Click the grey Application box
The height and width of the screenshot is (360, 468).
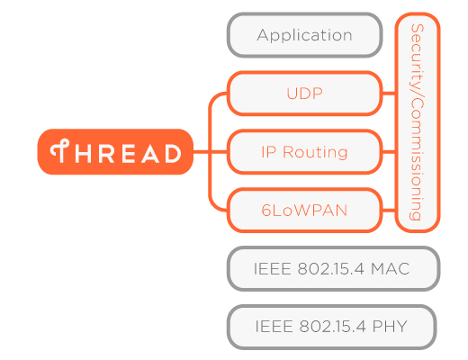pos(304,36)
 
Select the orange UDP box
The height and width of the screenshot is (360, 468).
pos(304,93)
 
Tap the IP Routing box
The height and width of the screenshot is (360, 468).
pos(304,152)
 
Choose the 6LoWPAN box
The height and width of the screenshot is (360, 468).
pos(304,211)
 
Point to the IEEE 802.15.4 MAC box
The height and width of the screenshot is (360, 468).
pos(333,269)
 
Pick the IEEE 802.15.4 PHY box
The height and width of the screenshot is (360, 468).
pos(331,327)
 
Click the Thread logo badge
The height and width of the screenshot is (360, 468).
pos(115,152)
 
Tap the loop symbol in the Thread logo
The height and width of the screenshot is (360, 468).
pos(60,151)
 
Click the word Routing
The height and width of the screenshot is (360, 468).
pos(315,152)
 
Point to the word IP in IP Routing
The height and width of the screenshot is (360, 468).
pos(267,152)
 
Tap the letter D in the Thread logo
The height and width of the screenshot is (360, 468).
pos(172,153)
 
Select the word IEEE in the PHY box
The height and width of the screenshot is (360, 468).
pos(272,327)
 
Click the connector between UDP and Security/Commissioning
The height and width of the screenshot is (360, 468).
pos(388,93)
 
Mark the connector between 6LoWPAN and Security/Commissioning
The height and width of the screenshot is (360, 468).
pos(388,211)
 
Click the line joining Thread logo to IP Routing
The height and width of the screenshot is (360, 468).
pos(209,152)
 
